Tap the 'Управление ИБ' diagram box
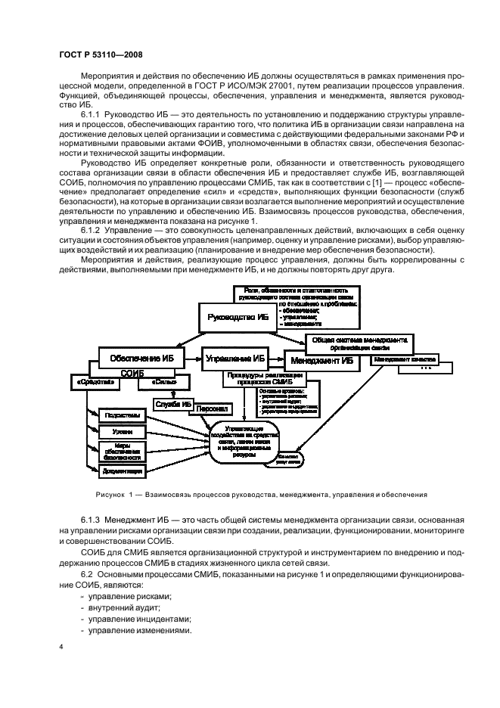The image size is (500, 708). click(x=236, y=358)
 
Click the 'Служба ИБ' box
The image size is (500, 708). click(x=173, y=405)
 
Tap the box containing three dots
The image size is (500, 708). click(x=427, y=369)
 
